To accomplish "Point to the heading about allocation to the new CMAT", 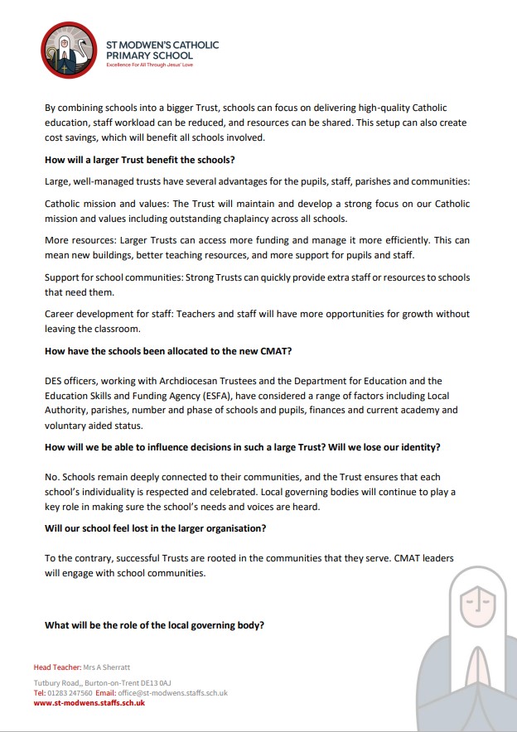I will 168,350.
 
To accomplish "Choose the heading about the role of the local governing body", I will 154,625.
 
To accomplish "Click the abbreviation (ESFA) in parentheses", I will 219,396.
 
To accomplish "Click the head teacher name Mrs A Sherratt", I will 113,667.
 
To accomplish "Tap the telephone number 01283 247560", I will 70,693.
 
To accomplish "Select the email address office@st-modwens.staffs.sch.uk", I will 172,693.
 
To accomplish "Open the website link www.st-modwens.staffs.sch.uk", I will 89,703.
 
